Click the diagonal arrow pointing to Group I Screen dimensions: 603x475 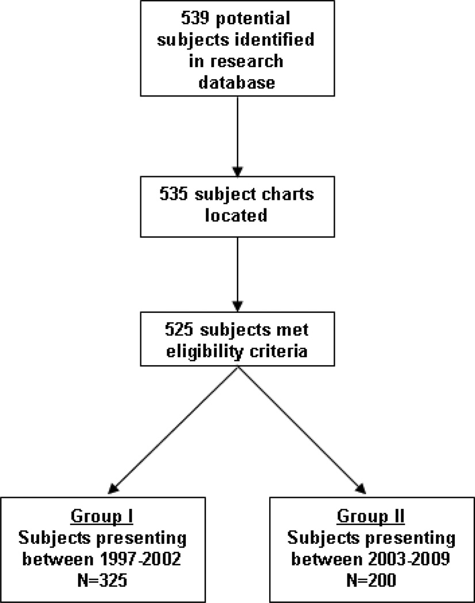173,431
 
